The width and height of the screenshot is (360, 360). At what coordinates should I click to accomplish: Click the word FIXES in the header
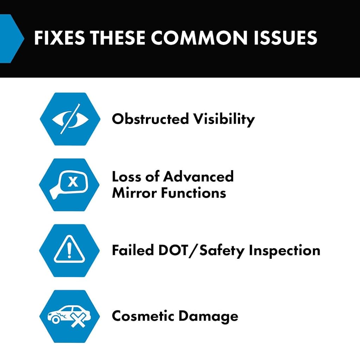click(x=59, y=38)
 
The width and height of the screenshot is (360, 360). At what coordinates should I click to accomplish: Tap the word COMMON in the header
click(x=199, y=38)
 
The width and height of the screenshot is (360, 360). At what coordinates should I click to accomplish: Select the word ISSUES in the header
click(x=285, y=38)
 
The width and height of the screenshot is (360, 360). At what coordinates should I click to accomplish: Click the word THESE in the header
click(x=117, y=38)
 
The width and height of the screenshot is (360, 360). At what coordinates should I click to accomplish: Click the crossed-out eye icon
click(x=70, y=119)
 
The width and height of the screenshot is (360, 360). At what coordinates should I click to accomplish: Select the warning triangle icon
click(x=69, y=249)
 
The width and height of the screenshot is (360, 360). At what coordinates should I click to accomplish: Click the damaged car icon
click(x=69, y=316)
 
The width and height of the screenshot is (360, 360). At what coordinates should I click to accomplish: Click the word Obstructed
click(x=150, y=119)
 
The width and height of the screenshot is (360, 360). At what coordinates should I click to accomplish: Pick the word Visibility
click(x=224, y=120)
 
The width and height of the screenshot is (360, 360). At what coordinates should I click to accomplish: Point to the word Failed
click(x=133, y=250)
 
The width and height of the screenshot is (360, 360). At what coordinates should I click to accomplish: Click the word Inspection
click(x=284, y=251)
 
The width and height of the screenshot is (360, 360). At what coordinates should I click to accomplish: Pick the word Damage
click(x=208, y=317)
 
